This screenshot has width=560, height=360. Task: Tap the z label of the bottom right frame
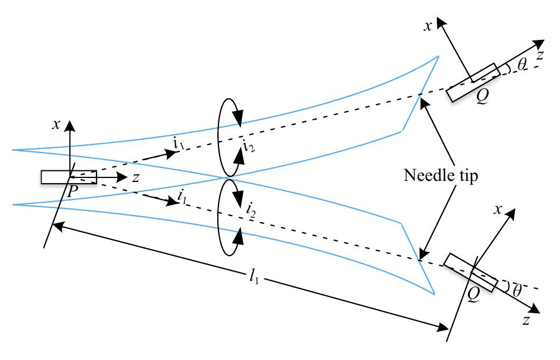pos(526,321)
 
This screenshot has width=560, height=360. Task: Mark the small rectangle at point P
pos(68,177)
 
